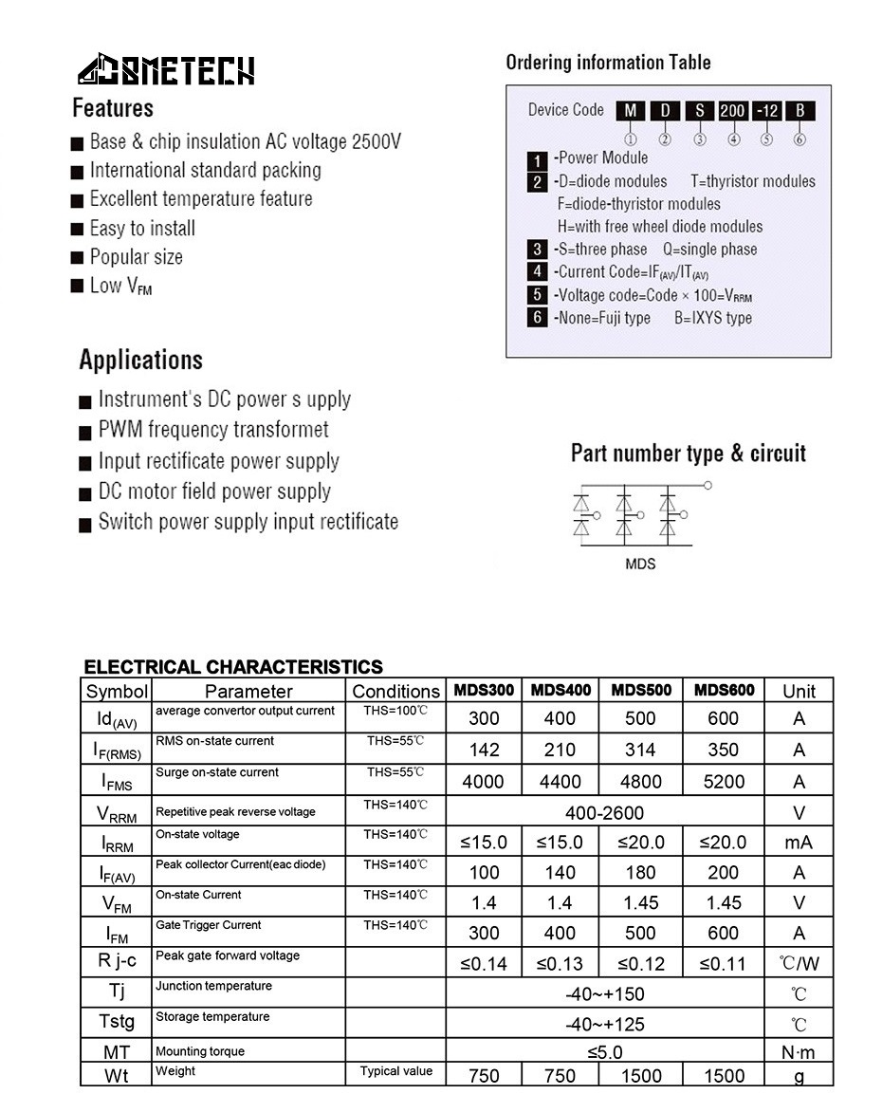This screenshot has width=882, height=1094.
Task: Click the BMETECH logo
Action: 166,70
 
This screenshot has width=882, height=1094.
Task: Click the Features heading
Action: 113,108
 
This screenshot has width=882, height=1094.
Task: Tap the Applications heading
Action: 140,361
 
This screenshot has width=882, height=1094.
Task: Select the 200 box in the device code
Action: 733,111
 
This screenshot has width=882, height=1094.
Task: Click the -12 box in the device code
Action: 766,111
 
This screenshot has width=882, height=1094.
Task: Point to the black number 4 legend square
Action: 538,272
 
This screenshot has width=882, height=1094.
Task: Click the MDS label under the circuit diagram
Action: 640,564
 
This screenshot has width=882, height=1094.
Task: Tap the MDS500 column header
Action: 641,690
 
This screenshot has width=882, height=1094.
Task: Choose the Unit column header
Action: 799,691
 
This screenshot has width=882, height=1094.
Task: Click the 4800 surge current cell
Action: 641,782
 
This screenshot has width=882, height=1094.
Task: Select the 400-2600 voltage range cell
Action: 604,812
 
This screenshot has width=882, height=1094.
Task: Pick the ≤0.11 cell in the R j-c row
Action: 723,964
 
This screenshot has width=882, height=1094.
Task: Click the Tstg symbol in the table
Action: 117,1022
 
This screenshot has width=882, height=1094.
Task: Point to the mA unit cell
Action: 799,843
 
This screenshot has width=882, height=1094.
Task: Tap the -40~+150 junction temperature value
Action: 604,994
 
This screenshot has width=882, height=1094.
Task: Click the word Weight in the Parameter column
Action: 175,1071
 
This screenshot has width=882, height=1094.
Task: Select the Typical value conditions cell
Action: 395,1071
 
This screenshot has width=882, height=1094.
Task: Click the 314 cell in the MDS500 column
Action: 641,750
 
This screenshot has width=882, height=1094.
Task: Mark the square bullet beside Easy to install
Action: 78,230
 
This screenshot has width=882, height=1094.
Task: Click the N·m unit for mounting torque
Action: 799,1051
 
